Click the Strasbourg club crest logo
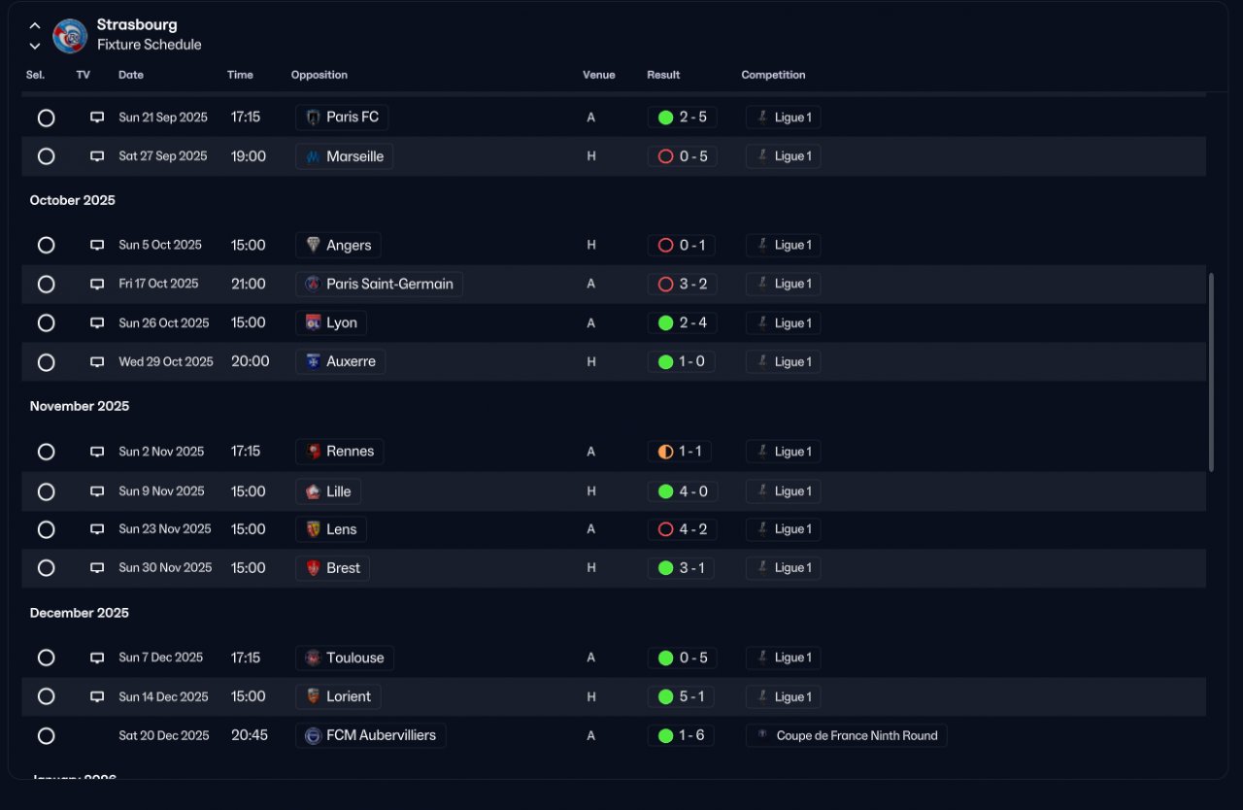(x=70, y=36)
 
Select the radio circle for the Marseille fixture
(x=46, y=156)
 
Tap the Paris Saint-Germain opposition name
(x=389, y=284)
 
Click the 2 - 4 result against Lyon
(x=693, y=322)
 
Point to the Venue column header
(x=599, y=75)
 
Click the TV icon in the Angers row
(x=97, y=245)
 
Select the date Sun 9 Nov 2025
(x=161, y=491)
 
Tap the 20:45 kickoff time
(x=250, y=735)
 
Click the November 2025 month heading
(x=80, y=406)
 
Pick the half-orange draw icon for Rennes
(x=665, y=452)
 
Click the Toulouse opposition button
(x=345, y=658)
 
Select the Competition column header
(x=773, y=75)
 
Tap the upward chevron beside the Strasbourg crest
(x=35, y=25)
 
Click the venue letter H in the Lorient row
(x=591, y=696)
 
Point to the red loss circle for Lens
(x=665, y=529)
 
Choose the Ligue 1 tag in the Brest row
(x=784, y=568)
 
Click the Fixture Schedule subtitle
(x=150, y=45)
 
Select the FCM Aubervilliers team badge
(x=313, y=735)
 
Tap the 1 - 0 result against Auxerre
(x=691, y=361)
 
